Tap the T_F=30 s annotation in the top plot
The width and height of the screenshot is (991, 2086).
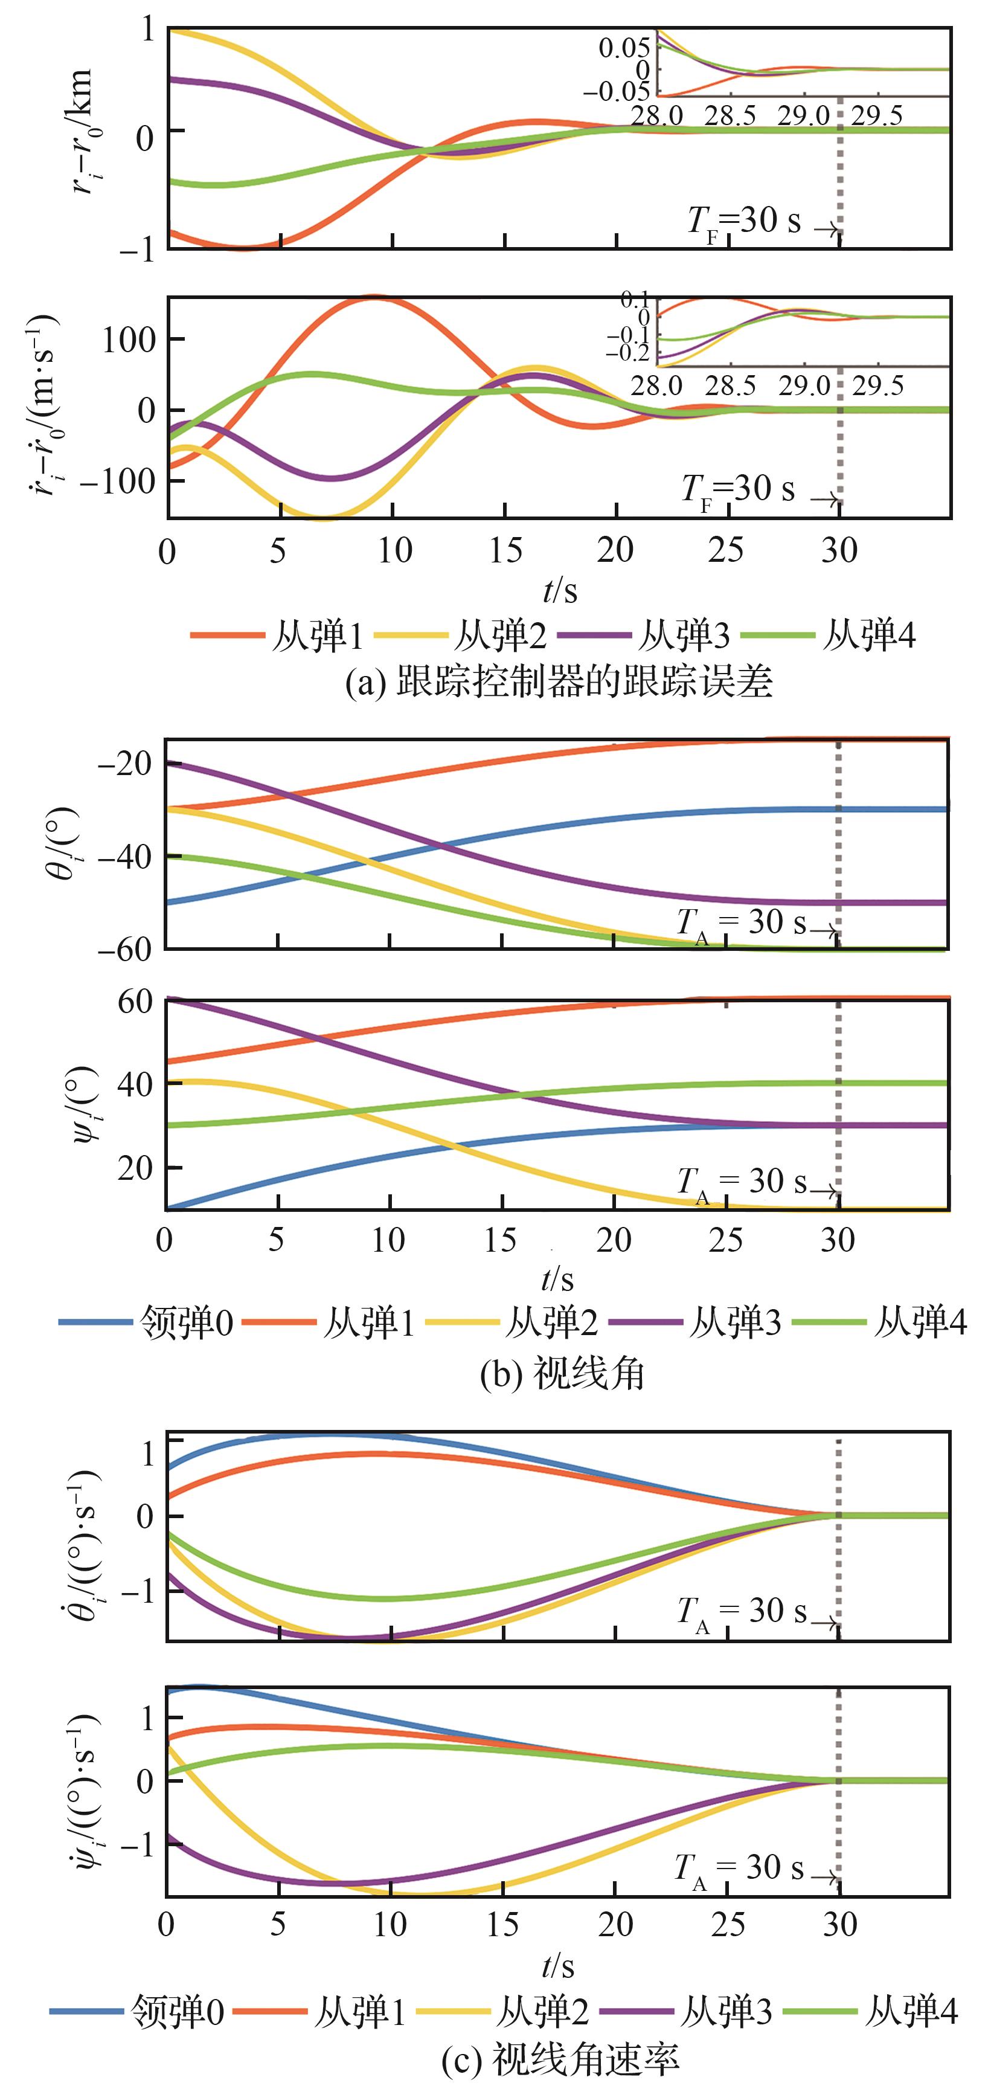(x=743, y=222)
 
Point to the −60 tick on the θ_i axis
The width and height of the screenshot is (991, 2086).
(x=124, y=948)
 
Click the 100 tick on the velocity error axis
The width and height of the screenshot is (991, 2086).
(x=129, y=340)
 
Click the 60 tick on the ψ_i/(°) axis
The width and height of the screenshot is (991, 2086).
(x=135, y=1002)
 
